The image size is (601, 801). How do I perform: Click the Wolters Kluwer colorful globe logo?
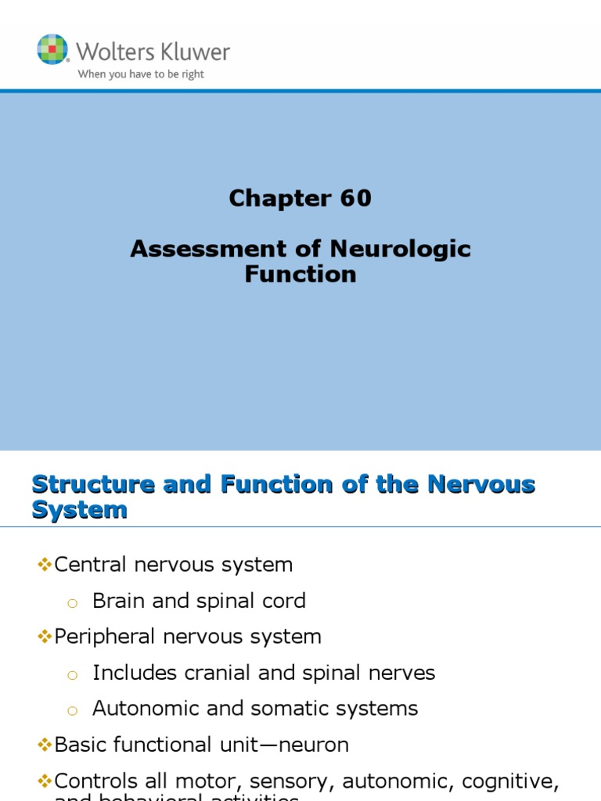coord(52,49)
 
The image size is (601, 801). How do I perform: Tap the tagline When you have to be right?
coord(141,74)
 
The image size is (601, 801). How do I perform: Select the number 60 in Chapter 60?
coord(355,199)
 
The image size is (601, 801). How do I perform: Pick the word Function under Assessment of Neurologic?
coord(300,275)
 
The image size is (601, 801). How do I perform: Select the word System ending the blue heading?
coord(80,510)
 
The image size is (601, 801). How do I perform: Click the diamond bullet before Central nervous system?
coord(44,565)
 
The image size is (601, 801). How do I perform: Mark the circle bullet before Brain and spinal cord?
coord(73,602)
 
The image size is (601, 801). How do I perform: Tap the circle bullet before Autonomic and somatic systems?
coord(73,710)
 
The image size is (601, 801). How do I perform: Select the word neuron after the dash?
coord(313,745)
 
